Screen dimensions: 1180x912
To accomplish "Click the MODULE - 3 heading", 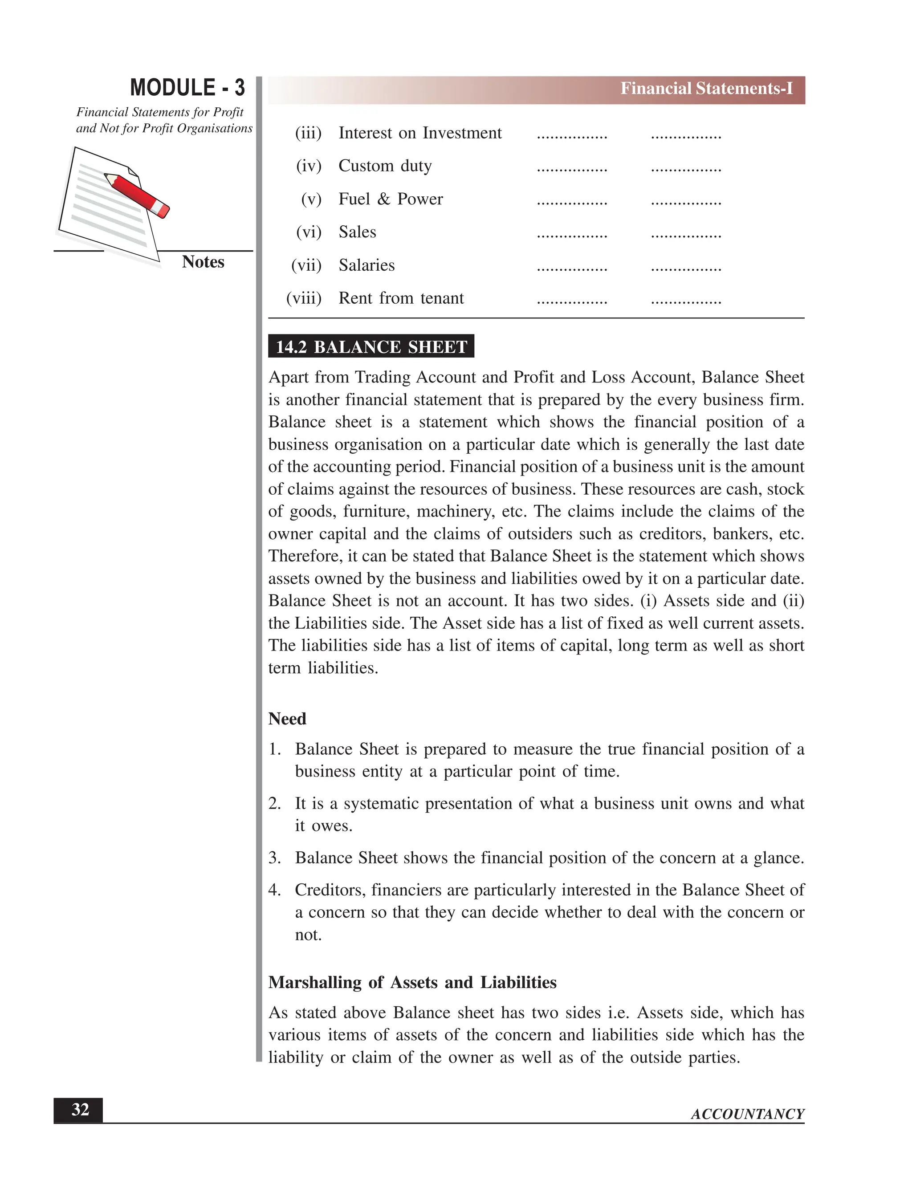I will [x=187, y=88].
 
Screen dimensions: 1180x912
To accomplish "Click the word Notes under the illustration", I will [x=203, y=262].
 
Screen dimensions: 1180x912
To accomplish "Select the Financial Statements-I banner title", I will [x=706, y=89].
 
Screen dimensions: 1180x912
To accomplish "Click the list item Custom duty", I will [x=385, y=166].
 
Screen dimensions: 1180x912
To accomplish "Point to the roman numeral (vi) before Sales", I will [x=309, y=232].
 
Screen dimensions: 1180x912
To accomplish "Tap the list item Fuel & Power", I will [x=390, y=199].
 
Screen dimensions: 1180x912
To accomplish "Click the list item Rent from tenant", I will [x=401, y=298].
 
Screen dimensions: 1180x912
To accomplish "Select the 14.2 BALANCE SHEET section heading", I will [x=371, y=347].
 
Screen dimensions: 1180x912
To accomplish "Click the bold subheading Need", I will [x=287, y=719].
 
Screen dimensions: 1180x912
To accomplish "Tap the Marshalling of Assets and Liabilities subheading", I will [x=412, y=982].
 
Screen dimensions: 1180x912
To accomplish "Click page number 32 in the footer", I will [x=80, y=1110].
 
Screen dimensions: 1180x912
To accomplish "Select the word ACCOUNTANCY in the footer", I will [x=747, y=1114].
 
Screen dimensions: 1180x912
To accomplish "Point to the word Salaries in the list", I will [x=366, y=265].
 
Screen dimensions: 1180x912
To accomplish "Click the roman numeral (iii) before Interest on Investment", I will [x=308, y=133].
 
